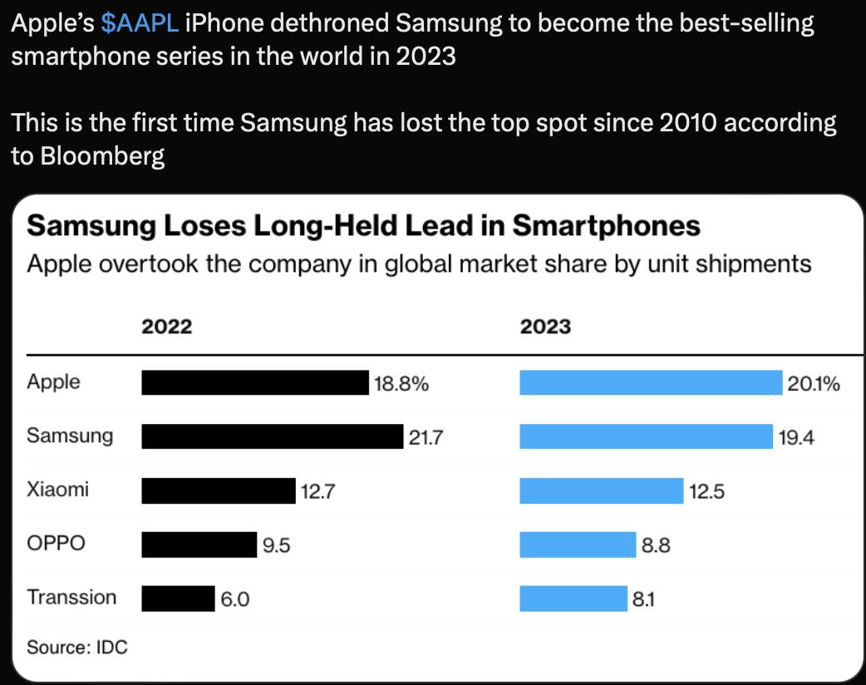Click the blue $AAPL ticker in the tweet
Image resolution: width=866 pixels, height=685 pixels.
point(140,24)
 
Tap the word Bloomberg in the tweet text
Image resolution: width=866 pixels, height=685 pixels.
point(102,155)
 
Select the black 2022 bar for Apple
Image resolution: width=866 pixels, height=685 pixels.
point(255,382)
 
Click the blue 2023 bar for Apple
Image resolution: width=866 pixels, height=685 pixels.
point(651,382)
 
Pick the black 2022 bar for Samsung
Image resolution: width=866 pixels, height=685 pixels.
point(273,436)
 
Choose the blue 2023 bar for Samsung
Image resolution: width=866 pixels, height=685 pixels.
point(647,436)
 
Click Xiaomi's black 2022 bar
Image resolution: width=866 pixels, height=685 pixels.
point(219,490)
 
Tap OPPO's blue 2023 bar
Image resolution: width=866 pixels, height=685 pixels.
point(578,545)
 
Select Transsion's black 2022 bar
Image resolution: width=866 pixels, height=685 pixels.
point(179,599)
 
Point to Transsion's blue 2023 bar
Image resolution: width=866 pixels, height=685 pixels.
point(573,599)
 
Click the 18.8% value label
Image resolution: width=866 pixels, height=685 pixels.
point(401,383)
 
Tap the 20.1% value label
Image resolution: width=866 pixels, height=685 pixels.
point(814,383)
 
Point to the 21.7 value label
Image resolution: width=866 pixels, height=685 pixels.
point(426,437)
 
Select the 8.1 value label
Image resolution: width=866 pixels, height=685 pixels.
point(643,599)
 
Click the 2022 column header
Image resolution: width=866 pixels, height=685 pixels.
point(167,327)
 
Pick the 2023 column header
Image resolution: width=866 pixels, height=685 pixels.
point(546,327)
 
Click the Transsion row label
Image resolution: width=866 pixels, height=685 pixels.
point(71,597)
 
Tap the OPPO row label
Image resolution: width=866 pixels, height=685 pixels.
point(56,543)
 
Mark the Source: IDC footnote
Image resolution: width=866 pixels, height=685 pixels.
point(76,647)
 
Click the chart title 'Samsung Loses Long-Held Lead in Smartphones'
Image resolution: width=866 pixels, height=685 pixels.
point(363,226)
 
